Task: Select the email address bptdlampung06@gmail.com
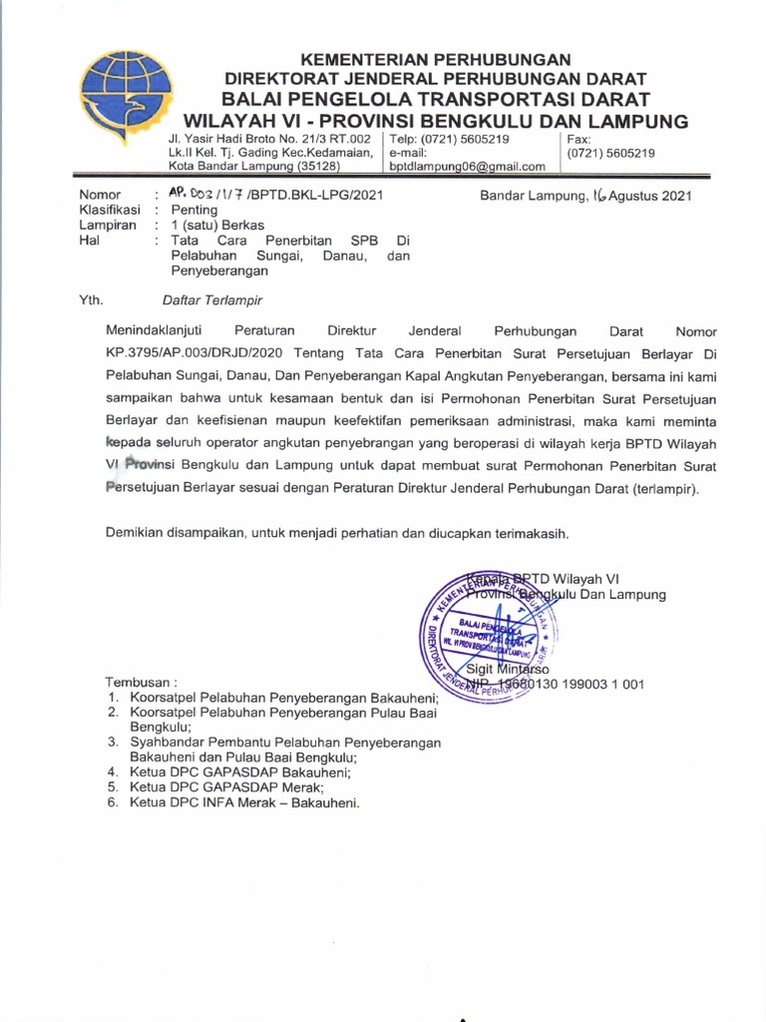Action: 467,167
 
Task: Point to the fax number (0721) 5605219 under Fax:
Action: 611,154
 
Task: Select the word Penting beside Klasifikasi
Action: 193,211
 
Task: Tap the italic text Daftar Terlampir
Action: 212,299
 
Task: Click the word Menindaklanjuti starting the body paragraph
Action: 159,329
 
